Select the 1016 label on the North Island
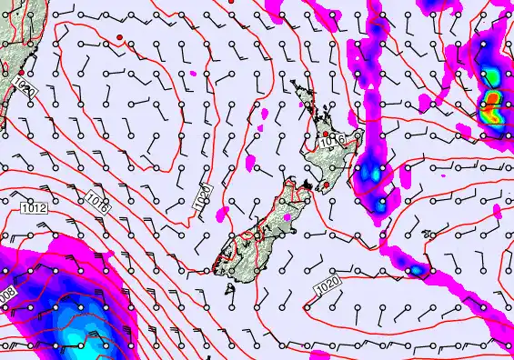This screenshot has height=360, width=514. tap(333, 141)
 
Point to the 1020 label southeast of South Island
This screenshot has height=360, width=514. tap(328, 288)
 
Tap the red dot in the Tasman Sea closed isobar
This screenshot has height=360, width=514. tap(118, 36)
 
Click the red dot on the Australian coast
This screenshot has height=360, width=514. tap(20, 73)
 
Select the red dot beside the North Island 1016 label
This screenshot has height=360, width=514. tap(325, 134)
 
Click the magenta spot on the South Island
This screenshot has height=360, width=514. tap(289, 216)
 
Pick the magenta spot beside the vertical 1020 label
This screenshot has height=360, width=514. tap(221, 215)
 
